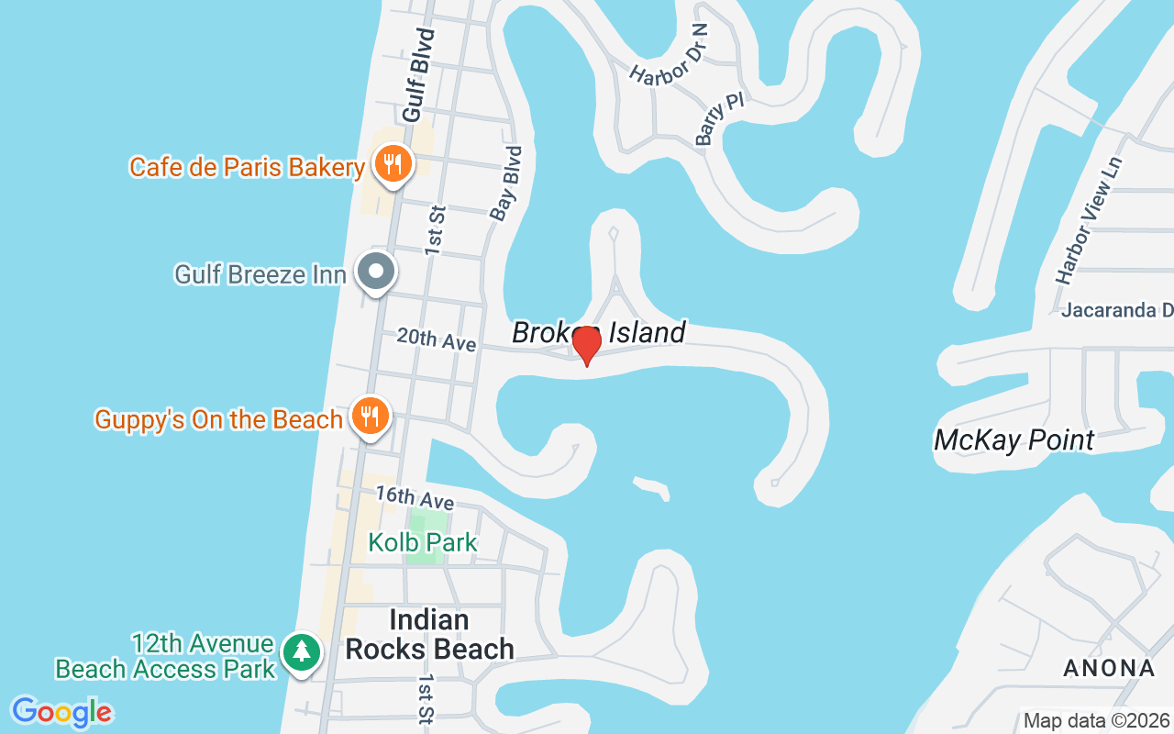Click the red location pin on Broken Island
pyautogui.click(x=586, y=345)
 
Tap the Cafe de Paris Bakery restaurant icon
pyautogui.click(x=394, y=165)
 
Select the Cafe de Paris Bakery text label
pyautogui.click(x=247, y=167)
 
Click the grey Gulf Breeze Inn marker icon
pyautogui.click(x=376, y=272)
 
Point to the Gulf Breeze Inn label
pyautogui.click(x=260, y=274)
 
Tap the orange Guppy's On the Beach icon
pyautogui.click(x=370, y=417)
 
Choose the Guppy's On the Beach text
pyautogui.click(x=218, y=419)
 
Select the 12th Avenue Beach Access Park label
pyautogui.click(x=165, y=656)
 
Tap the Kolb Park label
pyautogui.click(x=423, y=542)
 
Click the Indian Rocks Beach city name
pyautogui.click(x=429, y=634)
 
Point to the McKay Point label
pyautogui.click(x=1013, y=440)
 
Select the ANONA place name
pyautogui.click(x=1108, y=668)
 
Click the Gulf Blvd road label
pyautogui.click(x=416, y=75)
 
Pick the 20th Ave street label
pyautogui.click(x=437, y=339)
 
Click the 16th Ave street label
pyautogui.click(x=415, y=497)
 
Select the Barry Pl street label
pyautogui.click(x=718, y=119)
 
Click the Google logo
pyautogui.click(x=61, y=712)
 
